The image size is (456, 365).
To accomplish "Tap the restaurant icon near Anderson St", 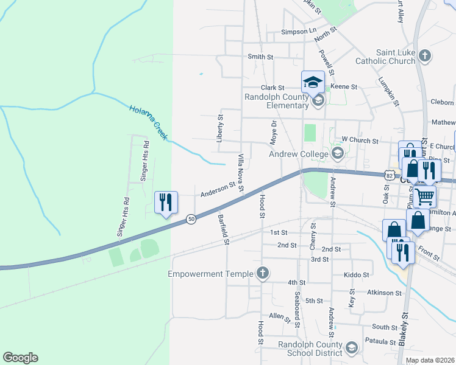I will (165, 202).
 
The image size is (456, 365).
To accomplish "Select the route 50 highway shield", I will (191, 219).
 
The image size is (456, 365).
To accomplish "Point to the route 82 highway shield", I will (389, 175).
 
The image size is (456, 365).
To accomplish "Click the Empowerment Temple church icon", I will (262, 273).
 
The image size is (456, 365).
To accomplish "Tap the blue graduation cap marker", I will (313, 81).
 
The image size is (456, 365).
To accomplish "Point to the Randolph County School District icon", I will (351, 347).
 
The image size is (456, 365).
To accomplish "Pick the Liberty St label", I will (220, 128).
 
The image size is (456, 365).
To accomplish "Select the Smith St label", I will (260, 57).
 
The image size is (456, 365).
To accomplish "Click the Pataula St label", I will (382, 342).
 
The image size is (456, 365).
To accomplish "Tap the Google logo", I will (20, 358).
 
